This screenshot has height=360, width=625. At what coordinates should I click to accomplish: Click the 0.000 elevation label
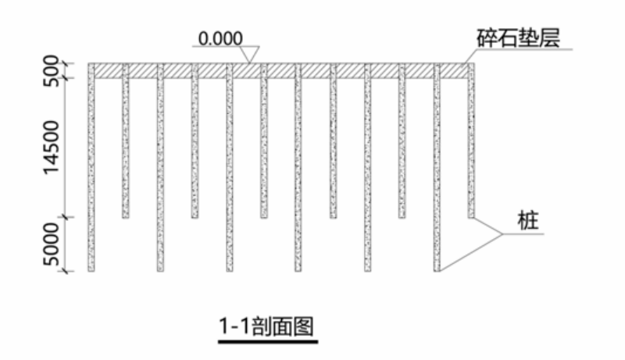tap(221, 38)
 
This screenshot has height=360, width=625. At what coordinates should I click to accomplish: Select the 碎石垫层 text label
tap(516, 37)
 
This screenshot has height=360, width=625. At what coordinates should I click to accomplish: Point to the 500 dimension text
tap(52, 70)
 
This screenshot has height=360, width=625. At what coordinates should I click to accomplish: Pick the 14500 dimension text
tap(52, 148)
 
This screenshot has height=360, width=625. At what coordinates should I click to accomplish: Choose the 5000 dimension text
tap(52, 244)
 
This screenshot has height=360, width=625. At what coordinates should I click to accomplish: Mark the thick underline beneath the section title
tap(268, 341)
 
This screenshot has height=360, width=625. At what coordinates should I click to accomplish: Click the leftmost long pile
tap(91, 172)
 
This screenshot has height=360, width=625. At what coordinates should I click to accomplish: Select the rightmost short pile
tap(471, 148)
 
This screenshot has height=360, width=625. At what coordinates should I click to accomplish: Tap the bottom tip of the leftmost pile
tap(91, 270)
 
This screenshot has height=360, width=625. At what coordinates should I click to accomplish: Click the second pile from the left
tap(125, 148)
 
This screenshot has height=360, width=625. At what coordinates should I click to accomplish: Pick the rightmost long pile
tap(437, 172)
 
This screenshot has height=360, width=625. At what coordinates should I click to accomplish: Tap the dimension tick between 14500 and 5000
tap(68, 218)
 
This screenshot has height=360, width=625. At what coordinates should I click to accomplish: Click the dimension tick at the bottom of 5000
tap(68, 271)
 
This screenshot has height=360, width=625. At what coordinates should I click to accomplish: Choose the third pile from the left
tap(160, 172)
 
